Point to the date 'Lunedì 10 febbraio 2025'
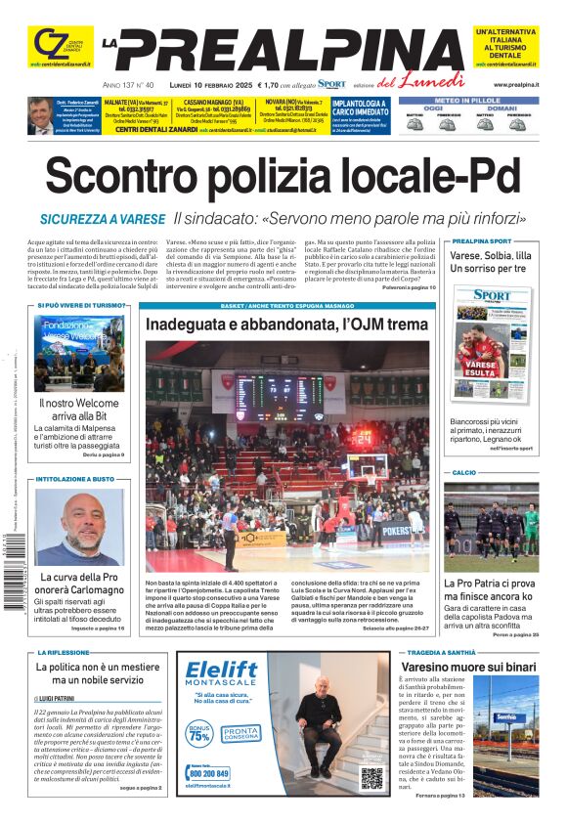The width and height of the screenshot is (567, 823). coord(209,85)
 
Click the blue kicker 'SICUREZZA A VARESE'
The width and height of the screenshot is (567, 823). coord(102,220)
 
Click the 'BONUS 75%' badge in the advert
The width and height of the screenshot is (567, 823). coord(200,733)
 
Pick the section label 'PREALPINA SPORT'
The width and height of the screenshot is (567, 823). coord(481,240)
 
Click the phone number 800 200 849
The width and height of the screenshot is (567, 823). coord(210,773)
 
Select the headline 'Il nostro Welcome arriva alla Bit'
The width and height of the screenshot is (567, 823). coord(78,409)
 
